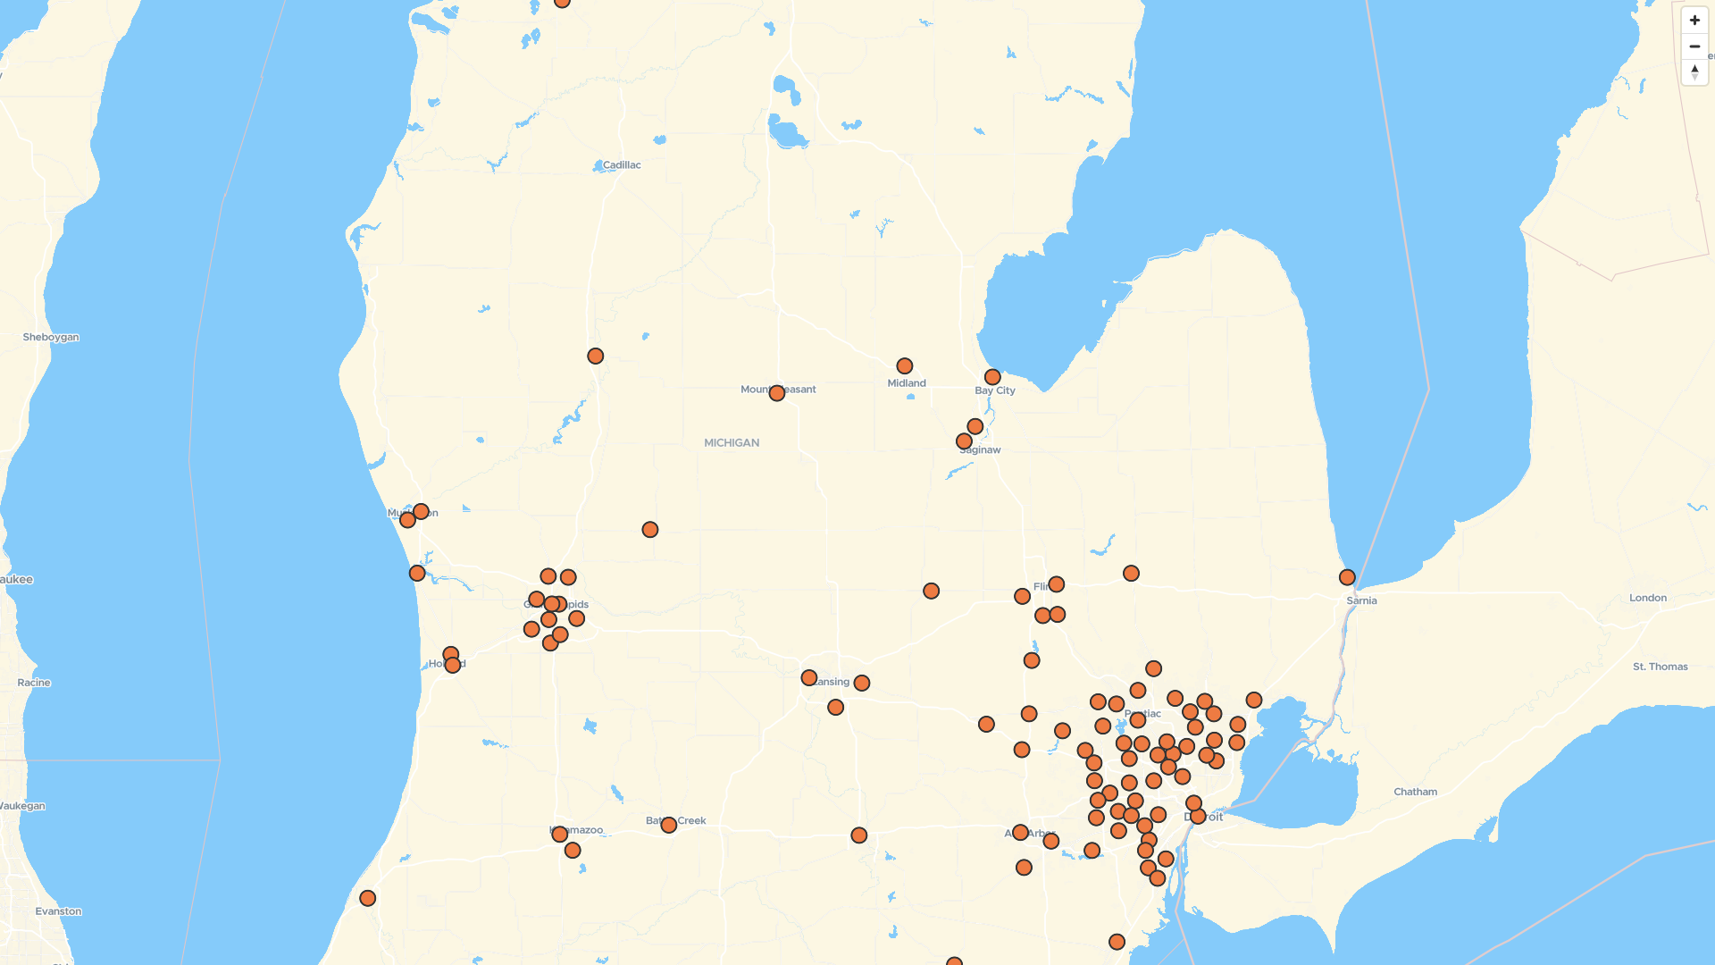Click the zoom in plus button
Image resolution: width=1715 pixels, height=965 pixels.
pyautogui.click(x=1694, y=21)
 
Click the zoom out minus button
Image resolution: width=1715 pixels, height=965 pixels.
pyautogui.click(x=1694, y=46)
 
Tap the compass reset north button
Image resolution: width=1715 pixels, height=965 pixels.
pyautogui.click(x=1694, y=72)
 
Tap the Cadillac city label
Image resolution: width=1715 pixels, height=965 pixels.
pyautogui.click(x=622, y=165)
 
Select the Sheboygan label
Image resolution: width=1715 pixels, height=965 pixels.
pyautogui.click(x=51, y=338)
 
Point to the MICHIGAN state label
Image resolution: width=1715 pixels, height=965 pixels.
pyautogui.click(x=732, y=443)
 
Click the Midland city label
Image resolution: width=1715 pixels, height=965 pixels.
pyautogui.click(x=907, y=383)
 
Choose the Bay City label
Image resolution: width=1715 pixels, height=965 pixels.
pyautogui.click(x=995, y=390)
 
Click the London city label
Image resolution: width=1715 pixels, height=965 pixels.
pyautogui.click(x=1648, y=598)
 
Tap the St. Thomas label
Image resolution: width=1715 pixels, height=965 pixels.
pyautogui.click(x=1661, y=667)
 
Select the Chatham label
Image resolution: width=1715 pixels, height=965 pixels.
pyautogui.click(x=1416, y=792)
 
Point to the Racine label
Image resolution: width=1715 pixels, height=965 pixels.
pyautogui.click(x=34, y=683)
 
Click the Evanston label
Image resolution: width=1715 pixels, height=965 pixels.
pyautogui.click(x=58, y=911)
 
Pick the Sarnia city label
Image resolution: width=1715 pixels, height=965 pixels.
pyautogui.click(x=1362, y=600)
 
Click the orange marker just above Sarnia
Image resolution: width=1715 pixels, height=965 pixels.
pyautogui.click(x=1347, y=578)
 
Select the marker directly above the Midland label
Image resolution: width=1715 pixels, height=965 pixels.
pyautogui.click(x=905, y=366)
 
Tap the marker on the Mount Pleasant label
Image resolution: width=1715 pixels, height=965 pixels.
pyautogui.click(x=777, y=393)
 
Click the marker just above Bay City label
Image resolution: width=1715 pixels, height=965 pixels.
pyautogui.click(x=992, y=377)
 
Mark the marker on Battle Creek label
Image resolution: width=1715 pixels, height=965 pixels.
pyautogui.click(x=668, y=825)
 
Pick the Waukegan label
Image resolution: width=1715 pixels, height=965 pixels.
pyautogui.click(x=22, y=806)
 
